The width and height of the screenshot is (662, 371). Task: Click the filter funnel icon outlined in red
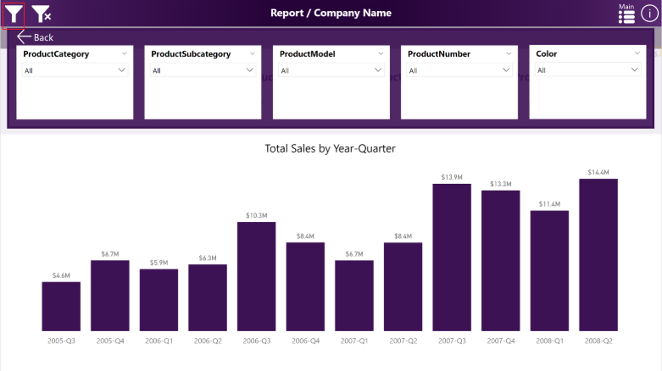click(13, 13)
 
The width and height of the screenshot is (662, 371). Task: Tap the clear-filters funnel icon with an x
click(41, 13)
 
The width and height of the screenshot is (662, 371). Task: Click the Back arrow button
click(35, 37)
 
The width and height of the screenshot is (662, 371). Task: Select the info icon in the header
click(649, 14)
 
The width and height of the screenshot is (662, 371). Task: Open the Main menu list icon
click(626, 14)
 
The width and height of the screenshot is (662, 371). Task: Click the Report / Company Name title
click(331, 13)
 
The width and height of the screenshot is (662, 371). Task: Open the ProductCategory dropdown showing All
click(75, 70)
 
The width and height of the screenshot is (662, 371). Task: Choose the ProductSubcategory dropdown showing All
click(203, 70)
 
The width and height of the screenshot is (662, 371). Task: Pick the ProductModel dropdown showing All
click(331, 70)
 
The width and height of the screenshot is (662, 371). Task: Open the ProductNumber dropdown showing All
click(459, 70)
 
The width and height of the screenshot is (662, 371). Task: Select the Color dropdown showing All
click(587, 70)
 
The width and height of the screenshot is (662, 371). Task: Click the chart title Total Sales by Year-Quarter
click(331, 148)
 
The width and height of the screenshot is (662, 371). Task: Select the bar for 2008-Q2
click(598, 254)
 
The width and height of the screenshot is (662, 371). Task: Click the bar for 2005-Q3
click(61, 306)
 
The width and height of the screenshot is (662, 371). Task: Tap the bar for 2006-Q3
click(257, 276)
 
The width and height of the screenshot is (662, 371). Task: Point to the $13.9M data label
click(452, 177)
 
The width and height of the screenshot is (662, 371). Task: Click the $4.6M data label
click(61, 275)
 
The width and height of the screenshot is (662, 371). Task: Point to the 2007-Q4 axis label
click(500, 341)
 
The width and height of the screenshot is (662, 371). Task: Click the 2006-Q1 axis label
click(159, 341)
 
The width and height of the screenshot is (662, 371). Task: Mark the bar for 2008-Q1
click(549, 270)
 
